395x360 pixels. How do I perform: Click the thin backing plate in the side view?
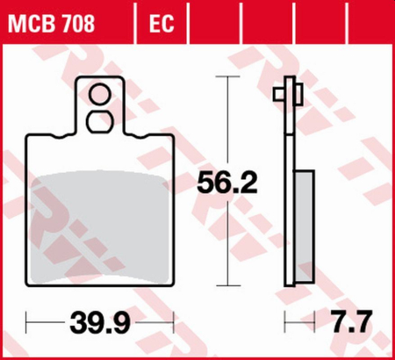point(290,193)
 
